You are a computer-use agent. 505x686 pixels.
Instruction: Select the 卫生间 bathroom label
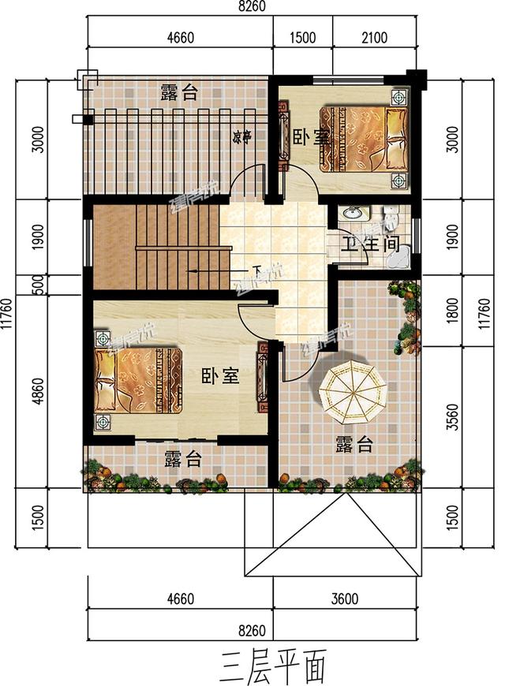pyautogui.click(x=368, y=244)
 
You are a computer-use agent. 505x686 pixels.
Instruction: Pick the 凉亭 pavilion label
pyautogui.click(x=241, y=136)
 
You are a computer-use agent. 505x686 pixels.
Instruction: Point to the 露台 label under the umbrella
pyautogui.click(x=353, y=445)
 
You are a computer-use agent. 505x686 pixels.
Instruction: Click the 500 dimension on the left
pyautogui.click(x=29, y=284)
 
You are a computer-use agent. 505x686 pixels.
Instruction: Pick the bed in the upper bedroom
pyautogui.click(x=367, y=139)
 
